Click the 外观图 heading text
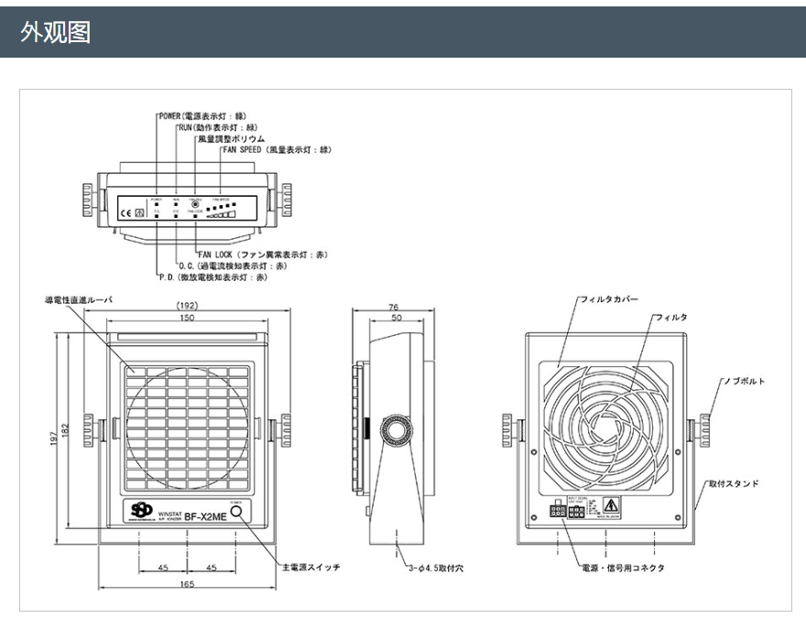click(x=56, y=33)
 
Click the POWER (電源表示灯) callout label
click(x=202, y=117)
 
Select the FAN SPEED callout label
click(x=276, y=149)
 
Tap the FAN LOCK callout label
click(x=262, y=255)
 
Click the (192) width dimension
click(x=188, y=306)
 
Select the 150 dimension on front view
click(x=187, y=318)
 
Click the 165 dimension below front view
click(x=187, y=583)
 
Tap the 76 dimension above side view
click(x=393, y=307)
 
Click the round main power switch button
click(x=240, y=514)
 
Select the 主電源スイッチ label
click(x=310, y=568)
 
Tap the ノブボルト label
click(x=743, y=381)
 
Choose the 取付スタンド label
click(x=732, y=482)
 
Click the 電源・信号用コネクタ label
click(x=624, y=569)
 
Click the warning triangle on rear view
click(x=611, y=504)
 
